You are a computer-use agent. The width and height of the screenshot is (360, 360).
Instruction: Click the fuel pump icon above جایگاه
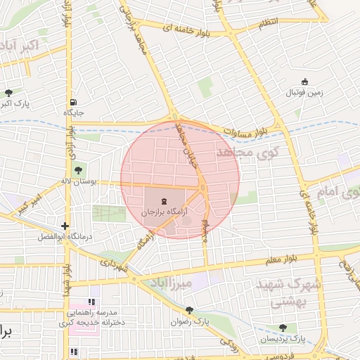[74, 102]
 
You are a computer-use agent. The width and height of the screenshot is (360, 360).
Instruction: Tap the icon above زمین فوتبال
[304, 82]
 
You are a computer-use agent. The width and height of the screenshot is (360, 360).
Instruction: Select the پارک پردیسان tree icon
[283, 328]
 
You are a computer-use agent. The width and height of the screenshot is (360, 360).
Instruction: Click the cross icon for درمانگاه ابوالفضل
[65, 226]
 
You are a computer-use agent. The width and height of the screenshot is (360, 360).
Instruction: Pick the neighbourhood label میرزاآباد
[170, 283]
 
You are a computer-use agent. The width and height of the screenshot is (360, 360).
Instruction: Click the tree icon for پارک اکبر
[8, 93]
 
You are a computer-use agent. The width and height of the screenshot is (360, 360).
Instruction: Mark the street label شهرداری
[112, 264]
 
